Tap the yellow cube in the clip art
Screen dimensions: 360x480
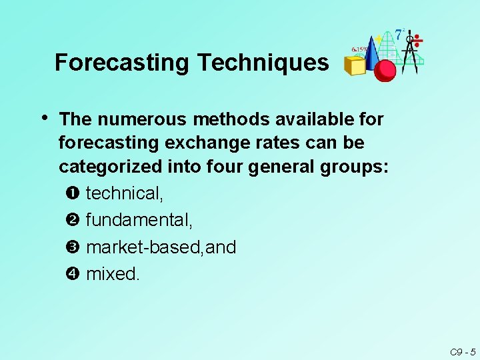(x=354, y=65)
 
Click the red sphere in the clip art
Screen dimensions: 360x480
(x=385, y=70)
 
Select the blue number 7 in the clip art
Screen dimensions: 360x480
(x=398, y=33)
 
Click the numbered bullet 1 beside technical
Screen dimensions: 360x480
(x=73, y=194)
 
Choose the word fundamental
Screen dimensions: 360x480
(x=139, y=221)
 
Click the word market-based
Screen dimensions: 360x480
(x=145, y=247)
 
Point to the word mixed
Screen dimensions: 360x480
(x=113, y=274)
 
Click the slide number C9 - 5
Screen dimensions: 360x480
(x=462, y=351)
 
